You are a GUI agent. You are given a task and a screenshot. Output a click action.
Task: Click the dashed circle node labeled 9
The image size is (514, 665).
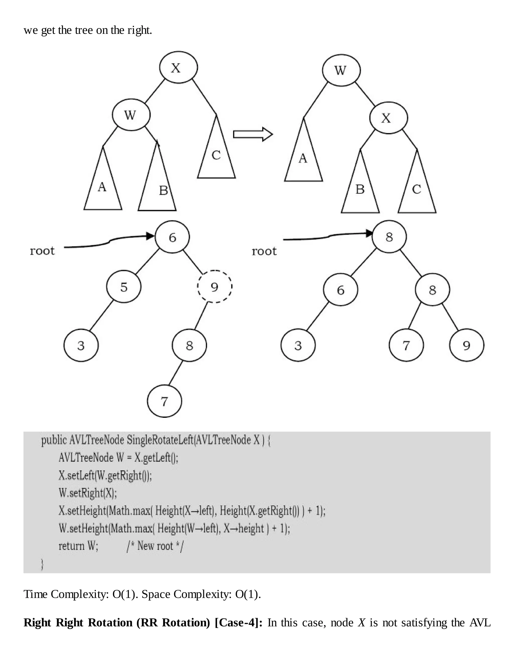click(x=215, y=287)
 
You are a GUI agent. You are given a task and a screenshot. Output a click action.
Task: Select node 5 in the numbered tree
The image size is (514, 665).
click(x=124, y=287)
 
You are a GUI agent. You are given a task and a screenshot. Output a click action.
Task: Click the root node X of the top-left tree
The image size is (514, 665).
click(x=178, y=67)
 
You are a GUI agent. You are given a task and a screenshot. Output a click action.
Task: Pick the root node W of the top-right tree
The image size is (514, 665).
click(x=341, y=70)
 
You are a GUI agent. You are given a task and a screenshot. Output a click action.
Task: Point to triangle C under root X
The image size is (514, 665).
click(x=216, y=152)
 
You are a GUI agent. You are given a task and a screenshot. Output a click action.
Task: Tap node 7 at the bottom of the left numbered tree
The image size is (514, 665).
click(x=164, y=401)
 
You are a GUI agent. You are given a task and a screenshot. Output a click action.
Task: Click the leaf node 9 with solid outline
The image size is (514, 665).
click(x=467, y=345)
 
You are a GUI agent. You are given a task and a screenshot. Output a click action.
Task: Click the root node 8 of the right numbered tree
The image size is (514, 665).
click(x=389, y=237)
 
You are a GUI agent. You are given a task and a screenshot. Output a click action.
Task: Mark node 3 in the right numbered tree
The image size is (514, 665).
click(x=298, y=345)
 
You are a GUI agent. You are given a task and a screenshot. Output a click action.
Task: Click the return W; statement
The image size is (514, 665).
click(x=78, y=546)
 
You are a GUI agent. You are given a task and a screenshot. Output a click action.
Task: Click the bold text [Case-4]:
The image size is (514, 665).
click(x=238, y=623)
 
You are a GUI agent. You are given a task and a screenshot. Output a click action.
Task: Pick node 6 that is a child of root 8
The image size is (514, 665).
click(x=340, y=290)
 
